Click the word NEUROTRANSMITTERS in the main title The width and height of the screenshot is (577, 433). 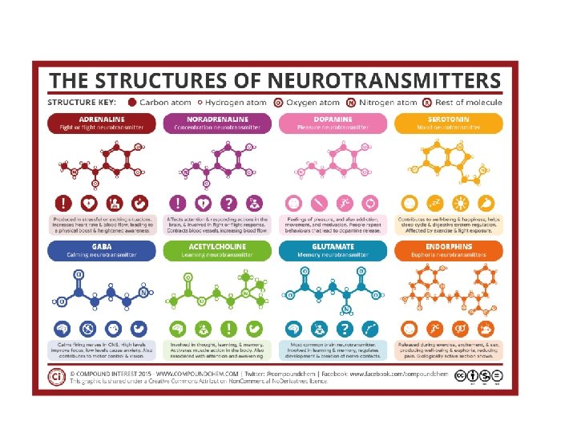(380, 81)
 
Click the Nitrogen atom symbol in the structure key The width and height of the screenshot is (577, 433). (351, 103)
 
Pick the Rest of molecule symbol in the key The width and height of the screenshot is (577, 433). (427, 103)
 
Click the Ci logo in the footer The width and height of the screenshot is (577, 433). (57, 376)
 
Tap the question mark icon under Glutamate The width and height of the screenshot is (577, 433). (345, 329)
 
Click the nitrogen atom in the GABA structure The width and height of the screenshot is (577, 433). (144, 293)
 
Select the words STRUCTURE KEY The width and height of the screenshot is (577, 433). (83, 103)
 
